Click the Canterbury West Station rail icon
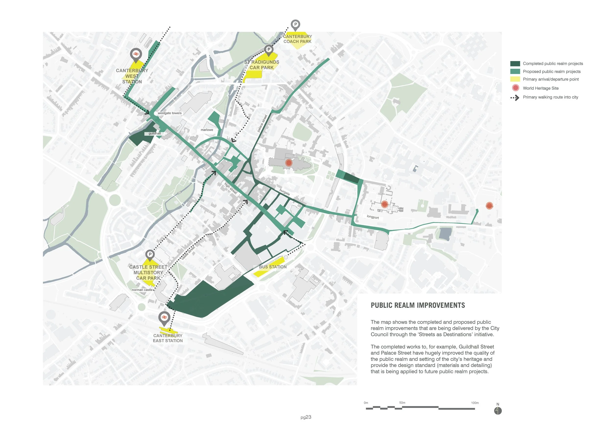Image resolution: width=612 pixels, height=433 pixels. (136, 54)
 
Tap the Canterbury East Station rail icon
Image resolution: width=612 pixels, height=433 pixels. (164, 317)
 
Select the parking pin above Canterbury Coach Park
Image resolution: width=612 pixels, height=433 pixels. (295, 24)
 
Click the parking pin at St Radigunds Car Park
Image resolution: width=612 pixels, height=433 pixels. (269, 49)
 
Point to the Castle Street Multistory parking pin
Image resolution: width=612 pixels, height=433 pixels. (150, 255)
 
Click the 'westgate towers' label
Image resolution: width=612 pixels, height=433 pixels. (170, 113)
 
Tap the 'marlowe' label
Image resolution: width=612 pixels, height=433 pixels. (207, 130)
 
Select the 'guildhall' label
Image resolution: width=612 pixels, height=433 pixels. (155, 133)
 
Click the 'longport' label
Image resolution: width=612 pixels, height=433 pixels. (373, 217)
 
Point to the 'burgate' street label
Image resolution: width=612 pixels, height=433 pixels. (284, 192)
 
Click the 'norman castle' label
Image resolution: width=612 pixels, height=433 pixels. (142, 290)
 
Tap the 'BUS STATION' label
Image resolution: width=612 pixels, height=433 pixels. (273, 267)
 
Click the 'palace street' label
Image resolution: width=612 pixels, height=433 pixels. (262, 123)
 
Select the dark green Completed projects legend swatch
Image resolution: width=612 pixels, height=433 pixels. (515, 64)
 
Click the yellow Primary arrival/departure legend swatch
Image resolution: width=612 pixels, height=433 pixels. (515, 79)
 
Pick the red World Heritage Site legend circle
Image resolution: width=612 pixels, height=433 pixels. (516, 88)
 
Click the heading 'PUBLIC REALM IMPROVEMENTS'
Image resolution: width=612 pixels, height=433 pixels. (418, 306)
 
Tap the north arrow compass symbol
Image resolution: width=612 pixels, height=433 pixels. (498, 411)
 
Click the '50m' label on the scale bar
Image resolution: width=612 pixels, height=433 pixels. (402, 403)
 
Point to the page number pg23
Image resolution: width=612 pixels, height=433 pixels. (306, 417)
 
